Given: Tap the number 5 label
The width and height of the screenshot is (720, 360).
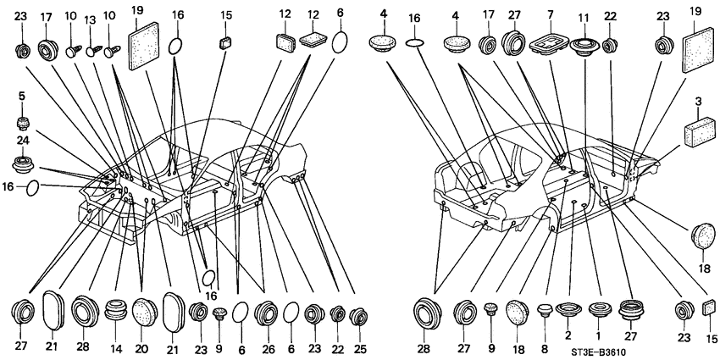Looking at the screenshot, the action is [x=21, y=97].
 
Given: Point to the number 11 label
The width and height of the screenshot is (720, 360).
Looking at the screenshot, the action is [x=584, y=19].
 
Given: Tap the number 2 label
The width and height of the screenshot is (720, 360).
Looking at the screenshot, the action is [x=568, y=335].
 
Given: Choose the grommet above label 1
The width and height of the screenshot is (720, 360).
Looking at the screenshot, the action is [x=597, y=310].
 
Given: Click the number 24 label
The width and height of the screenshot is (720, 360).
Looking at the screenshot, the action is [x=22, y=141].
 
